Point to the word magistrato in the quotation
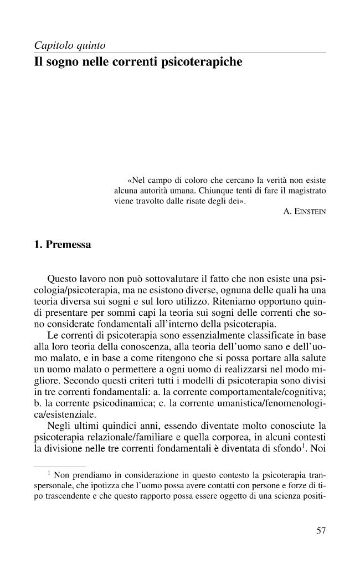(306, 191)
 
